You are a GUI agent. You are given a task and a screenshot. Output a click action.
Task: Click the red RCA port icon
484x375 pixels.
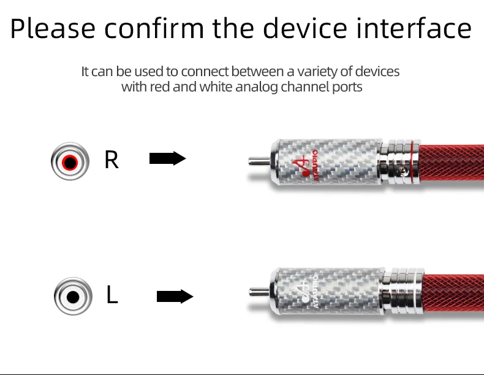coord(69,162)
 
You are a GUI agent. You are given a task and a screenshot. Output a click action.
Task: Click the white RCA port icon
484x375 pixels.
coord(73,296)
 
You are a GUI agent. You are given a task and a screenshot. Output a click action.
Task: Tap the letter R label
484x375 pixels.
coord(112,160)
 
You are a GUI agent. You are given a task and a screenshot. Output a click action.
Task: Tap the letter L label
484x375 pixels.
coord(112,295)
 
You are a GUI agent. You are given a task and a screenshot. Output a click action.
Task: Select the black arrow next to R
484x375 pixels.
coord(167,159)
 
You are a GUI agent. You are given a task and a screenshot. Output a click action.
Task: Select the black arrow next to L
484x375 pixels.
coord(175,297)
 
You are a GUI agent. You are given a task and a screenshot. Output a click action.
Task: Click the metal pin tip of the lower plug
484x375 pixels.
coord(258,291)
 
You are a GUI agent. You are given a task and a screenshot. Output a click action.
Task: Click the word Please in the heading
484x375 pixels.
coord(53,29)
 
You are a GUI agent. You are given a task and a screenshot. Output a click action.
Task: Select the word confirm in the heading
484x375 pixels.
coord(155,29)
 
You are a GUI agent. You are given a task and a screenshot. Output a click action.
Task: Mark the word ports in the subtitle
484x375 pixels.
coord(347,87)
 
